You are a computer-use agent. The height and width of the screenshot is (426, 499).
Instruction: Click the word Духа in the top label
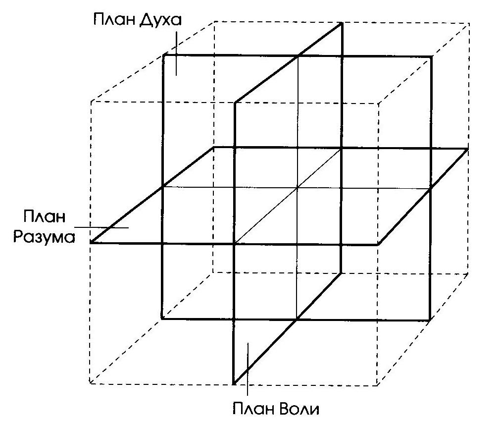pyautogui.click(x=161, y=20)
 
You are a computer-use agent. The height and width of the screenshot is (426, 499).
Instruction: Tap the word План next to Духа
pyautogui.click(x=114, y=19)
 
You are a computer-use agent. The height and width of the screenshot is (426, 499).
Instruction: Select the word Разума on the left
pyautogui.click(x=44, y=237)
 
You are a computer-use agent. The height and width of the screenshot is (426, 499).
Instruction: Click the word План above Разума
pyautogui.click(x=44, y=216)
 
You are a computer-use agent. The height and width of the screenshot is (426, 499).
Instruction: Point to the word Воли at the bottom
pyautogui.click(x=299, y=409)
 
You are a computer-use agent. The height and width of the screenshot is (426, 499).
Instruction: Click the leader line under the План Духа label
pyautogui.click(x=176, y=53)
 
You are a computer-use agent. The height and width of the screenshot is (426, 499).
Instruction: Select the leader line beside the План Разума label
pyautogui.click(x=101, y=228)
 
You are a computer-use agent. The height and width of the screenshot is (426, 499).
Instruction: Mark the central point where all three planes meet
pyautogui.click(x=297, y=188)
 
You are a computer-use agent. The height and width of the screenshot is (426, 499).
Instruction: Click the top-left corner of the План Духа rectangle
pyautogui.click(x=164, y=55)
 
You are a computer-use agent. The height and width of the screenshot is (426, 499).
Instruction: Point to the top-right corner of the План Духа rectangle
pyautogui.click(x=432, y=57)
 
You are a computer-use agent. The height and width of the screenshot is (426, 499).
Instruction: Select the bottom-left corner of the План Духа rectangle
pyautogui.click(x=162, y=318)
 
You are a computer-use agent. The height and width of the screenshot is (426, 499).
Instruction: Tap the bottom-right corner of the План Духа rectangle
pyautogui.click(x=430, y=319)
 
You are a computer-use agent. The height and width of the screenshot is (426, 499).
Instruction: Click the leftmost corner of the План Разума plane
pyautogui.click(x=91, y=243)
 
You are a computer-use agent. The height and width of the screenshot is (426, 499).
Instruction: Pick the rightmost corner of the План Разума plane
pyautogui.click(x=468, y=149)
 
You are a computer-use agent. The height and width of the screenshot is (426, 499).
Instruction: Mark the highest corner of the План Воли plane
pyautogui.click(x=342, y=23)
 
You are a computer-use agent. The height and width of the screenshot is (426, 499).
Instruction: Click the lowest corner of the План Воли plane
pyautogui.click(x=234, y=384)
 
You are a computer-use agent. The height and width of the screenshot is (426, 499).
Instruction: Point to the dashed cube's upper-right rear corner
pyautogui.click(x=469, y=23)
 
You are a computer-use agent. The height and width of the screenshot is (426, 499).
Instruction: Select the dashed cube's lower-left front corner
pyautogui.click(x=90, y=383)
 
